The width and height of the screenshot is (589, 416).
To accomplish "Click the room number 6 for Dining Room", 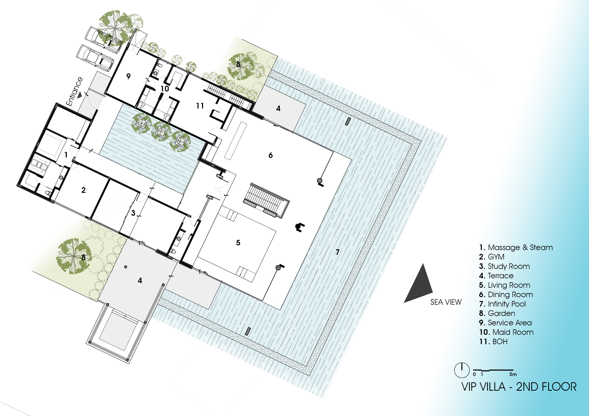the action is [x=270, y=155].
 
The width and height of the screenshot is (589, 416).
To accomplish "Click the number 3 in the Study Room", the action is [x=133, y=213].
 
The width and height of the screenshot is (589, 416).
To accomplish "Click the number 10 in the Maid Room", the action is [x=165, y=89].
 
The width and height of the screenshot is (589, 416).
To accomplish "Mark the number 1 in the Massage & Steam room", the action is [x=66, y=155].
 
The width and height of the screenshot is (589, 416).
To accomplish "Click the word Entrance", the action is [x=74, y=92].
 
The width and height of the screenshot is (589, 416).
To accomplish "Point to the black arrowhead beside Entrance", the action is [x=80, y=95].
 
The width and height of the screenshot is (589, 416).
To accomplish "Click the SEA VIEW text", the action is [x=446, y=302].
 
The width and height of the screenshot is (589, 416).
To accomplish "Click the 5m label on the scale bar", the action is [x=513, y=374].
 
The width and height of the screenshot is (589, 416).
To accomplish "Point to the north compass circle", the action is [x=462, y=370].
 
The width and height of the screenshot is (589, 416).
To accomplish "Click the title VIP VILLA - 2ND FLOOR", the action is [x=519, y=387].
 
